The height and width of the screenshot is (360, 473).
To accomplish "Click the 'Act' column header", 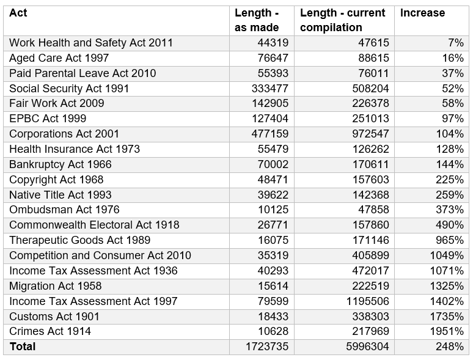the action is pos(18,13).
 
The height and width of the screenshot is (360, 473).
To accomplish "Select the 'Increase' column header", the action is pos(422,13).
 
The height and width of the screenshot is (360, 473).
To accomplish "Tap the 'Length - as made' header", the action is pos(257,20).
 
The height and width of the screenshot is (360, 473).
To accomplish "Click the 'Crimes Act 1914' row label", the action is pos(50,331).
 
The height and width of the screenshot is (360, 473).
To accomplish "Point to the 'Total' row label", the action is pos(23,347).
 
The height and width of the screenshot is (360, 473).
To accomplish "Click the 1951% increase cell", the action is pos(449,331).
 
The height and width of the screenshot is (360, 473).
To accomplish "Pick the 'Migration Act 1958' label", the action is pos(56,285).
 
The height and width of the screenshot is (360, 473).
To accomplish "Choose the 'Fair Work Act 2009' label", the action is pos(57,103).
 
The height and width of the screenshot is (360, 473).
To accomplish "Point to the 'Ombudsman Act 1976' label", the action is pos(60,210).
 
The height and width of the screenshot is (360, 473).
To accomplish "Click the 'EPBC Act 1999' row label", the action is pos(48,119).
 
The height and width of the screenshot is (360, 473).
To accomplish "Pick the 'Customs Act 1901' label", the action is pos(54,316).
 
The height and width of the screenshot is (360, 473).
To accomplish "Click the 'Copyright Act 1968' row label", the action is pos(56,180).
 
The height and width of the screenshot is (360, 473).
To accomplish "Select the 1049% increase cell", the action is pos(449,255).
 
